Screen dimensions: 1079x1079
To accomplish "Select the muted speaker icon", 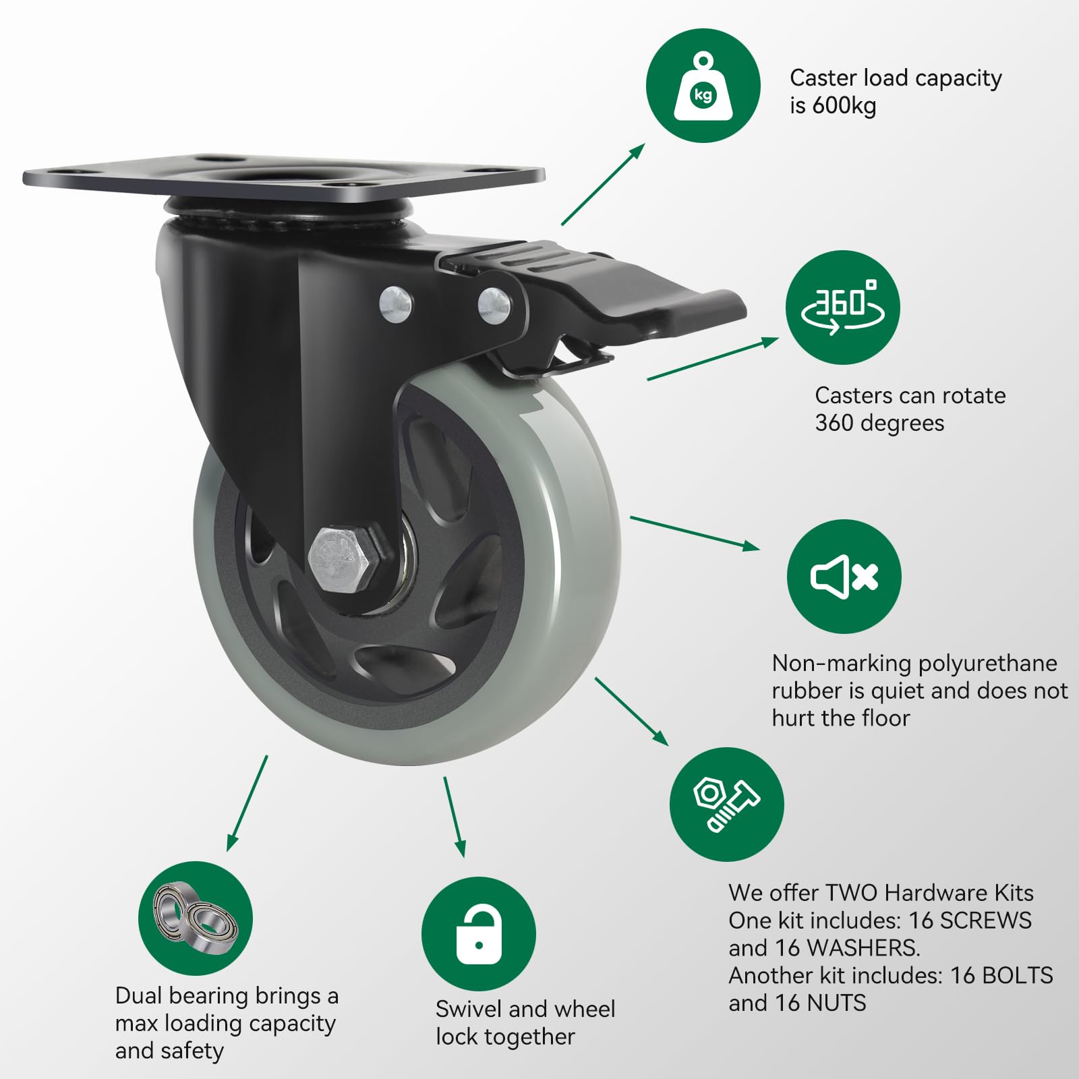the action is click(844, 577).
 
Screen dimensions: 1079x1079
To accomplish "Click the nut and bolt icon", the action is click(727, 805).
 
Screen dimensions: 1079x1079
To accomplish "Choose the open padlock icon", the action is click(479, 934).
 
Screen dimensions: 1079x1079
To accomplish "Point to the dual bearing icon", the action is click(196, 918).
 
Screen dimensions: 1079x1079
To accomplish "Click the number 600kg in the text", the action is click(844, 106).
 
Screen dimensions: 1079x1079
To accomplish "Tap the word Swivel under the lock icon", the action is click(469, 1009).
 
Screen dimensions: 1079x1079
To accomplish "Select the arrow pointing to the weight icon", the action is click(603, 184).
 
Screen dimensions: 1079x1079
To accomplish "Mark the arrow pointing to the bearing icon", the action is click(247, 803).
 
